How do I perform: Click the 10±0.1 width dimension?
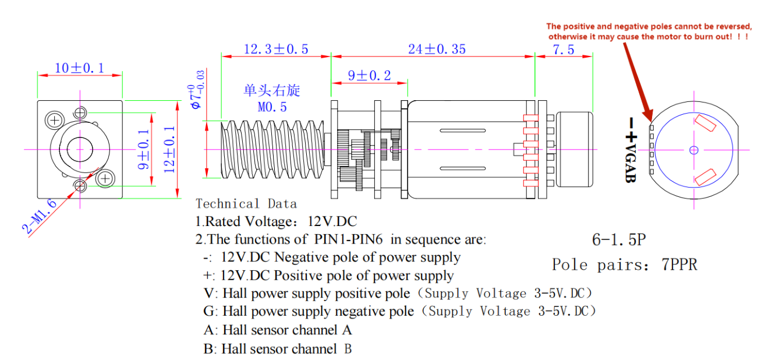coord(79,68)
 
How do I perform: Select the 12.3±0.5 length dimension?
coord(276,49)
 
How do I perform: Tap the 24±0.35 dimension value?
coord(437,49)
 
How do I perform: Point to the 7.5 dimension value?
coord(563,50)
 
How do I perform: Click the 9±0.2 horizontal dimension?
coord(369,76)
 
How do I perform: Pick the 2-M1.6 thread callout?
coord(41,216)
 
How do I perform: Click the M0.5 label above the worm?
coord(272,107)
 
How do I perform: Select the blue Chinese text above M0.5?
coord(272,91)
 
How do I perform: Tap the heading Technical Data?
coord(246,204)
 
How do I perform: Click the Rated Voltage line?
coord(276,221)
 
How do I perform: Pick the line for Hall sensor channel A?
coord(278,330)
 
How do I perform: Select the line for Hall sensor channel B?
coord(278,349)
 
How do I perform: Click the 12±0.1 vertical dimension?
coord(169,149)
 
